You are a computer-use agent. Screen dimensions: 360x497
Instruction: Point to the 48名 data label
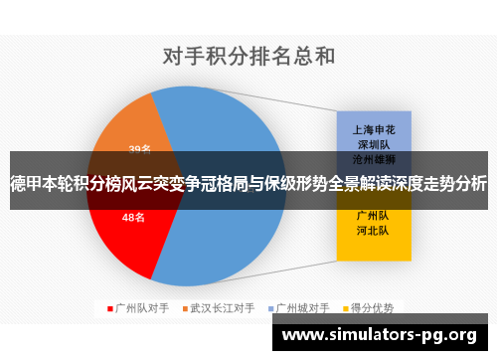pos(133,216)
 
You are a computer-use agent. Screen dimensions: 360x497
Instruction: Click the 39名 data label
pos(139,149)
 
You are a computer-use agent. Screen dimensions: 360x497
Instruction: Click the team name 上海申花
pos(373,129)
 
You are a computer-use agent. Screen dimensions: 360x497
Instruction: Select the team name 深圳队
pos(373,144)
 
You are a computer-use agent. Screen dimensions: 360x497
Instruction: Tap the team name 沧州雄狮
pos(373,158)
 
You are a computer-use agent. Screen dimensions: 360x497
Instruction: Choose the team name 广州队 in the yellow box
pos(373,215)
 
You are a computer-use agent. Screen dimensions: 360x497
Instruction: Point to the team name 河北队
pos(373,230)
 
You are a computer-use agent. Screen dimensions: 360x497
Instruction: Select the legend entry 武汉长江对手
pos(223,308)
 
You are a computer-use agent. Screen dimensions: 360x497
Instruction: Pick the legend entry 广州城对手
pos(304,308)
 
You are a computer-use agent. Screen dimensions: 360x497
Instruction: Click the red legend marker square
pos(110,308)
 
